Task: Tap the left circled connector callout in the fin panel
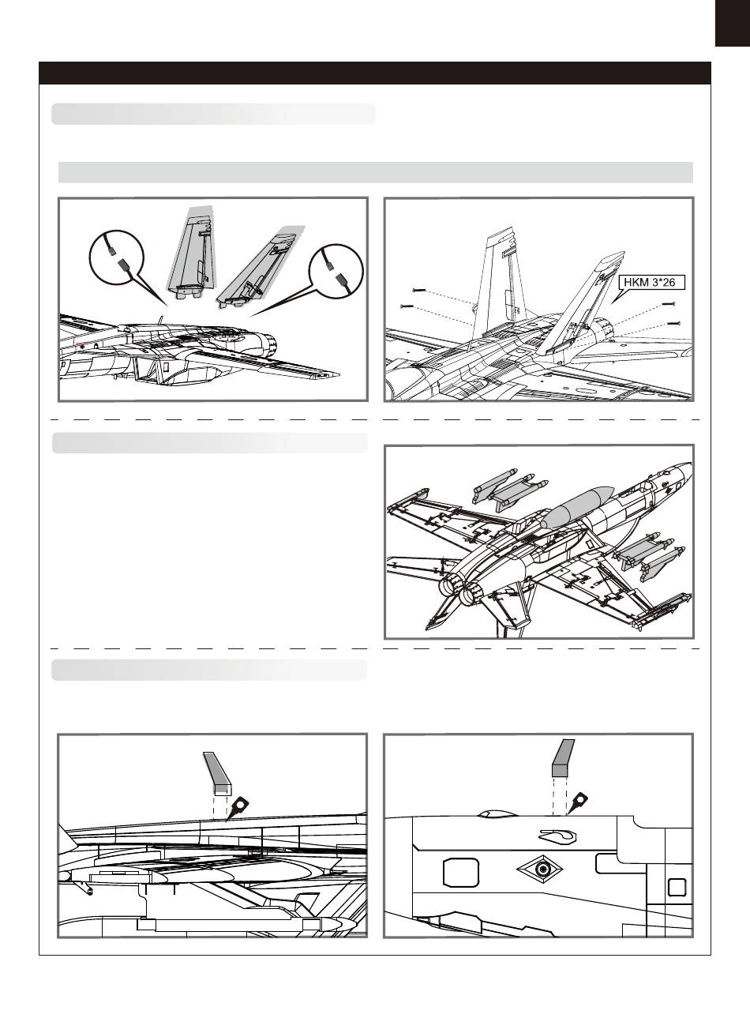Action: [x=117, y=257]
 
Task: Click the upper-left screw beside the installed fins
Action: [x=418, y=290]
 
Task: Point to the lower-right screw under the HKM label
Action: [x=673, y=323]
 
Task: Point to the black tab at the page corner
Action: [x=733, y=23]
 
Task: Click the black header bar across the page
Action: [x=375, y=73]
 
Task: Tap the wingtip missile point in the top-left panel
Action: [x=337, y=374]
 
